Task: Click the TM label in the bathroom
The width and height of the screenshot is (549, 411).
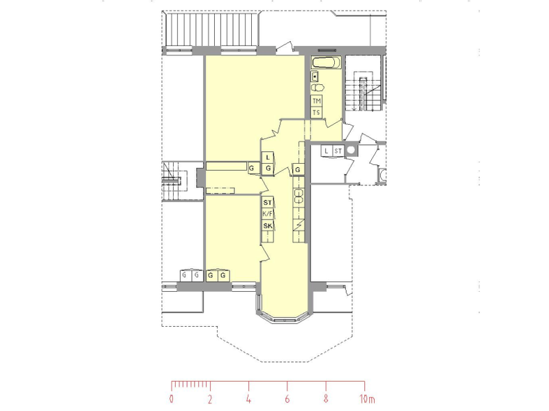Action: pyautogui.click(x=317, y=101)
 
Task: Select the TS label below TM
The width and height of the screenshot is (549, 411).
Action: pyautogui.click(x=317, y=113)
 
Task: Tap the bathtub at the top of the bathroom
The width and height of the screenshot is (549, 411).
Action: pyautogui.click(x=326, y=63)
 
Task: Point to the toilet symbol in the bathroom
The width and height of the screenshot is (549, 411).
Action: pyautogui.click(x=318, y=87)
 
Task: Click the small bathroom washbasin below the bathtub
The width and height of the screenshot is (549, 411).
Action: pyautogui.click(x=315, y=76)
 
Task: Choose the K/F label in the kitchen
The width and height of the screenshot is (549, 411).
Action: pyautogui.click(x=267, y=214)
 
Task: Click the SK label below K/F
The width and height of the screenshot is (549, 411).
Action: pyautogui.click(x=267, y=226)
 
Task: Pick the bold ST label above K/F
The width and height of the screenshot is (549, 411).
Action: pyautogui.click(x=267, y=203)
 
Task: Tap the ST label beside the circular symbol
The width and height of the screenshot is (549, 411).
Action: pyautogui.click(x=338, y=151)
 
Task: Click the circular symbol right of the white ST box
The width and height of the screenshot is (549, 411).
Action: pyautogui.click(x=351, y=150)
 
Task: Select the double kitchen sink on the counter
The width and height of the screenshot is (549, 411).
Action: pyautogui.click(x=299, y=196)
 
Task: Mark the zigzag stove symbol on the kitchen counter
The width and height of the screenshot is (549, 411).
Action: pyautogui.click(x=299, y=226)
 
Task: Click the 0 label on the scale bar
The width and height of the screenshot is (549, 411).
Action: pyautogui.click(x=171, y=398)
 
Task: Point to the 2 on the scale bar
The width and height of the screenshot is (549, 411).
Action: pyautogui.click(x=210, y=398)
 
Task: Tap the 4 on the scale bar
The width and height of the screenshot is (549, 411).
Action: pyautogui.click(x=248, y=398)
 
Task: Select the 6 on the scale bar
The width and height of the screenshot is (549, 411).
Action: pyautogui.click(x=287, y=398)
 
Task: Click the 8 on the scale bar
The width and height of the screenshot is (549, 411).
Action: pyautogui.click(x=326, y=398)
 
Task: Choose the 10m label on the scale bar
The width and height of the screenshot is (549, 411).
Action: pyautogui.click(x=368, y=398)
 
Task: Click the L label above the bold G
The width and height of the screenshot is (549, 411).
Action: pyautogui.click(x=268, y=157)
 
